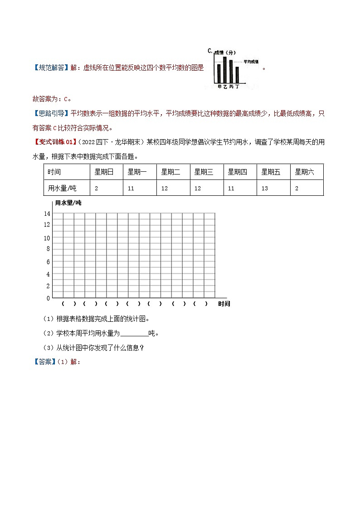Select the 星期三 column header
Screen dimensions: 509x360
[x=204, y=172]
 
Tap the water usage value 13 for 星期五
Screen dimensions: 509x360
[x=265, y=188]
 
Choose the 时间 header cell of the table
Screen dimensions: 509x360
[x=54, y=172]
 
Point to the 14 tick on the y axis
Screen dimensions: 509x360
[x=47, y=213]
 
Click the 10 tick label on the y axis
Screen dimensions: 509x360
[x=47, y=238]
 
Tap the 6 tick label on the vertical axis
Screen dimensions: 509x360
[x=48, y=262]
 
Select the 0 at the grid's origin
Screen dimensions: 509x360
[x=48, y=298]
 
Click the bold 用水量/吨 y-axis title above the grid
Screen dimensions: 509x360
[x=68, y=203]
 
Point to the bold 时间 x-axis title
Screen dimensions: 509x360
[x=224, y=304]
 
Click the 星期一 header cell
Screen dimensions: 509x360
[x=137, y=172]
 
